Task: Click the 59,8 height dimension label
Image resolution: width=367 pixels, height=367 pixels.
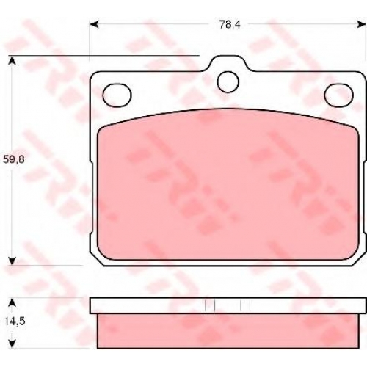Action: point(14,160)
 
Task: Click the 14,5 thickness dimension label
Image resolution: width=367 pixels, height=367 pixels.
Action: point(15,321)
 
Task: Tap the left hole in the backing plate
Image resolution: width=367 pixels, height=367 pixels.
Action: point(117,95)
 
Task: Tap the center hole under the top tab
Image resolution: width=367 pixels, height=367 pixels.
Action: point(228,82)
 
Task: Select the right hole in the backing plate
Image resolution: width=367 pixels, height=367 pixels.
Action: point(339,95)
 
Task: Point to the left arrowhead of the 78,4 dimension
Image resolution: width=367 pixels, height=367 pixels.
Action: point(94,24)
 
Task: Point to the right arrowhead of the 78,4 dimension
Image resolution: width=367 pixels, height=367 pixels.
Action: point(361,24)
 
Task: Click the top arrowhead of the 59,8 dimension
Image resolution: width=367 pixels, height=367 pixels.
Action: point(12,60)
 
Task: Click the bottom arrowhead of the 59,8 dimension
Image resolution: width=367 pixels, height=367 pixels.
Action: point(12,261)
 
